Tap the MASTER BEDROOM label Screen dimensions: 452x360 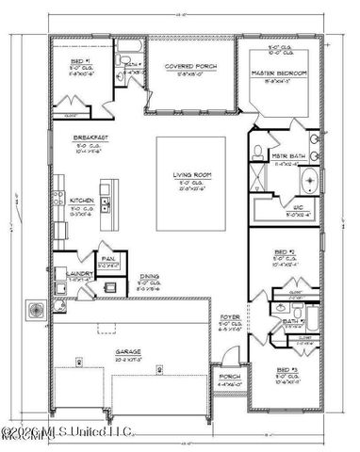276,73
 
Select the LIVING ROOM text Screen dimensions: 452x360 189,175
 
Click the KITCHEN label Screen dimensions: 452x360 81,201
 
